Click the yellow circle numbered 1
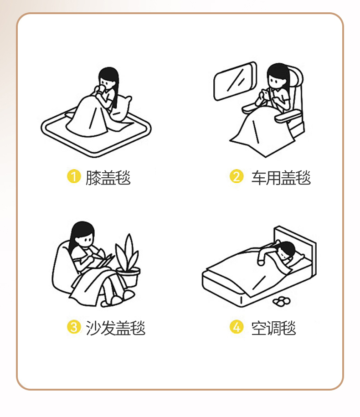pos(74,176)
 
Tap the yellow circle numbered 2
pos(237,176)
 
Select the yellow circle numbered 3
pos(74,327)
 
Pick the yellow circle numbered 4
pos(237,327)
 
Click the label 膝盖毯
pos(108,177)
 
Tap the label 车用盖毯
pos(281,177)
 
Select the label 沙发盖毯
pos(115,328)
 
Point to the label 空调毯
pos(273,328)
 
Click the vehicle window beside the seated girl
pos(235,81)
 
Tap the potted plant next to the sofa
pos(128,261)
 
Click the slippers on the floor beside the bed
pos(281,301)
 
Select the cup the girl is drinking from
pos(102,89)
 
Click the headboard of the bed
pos(295,247)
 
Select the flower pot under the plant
pos(129,278)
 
